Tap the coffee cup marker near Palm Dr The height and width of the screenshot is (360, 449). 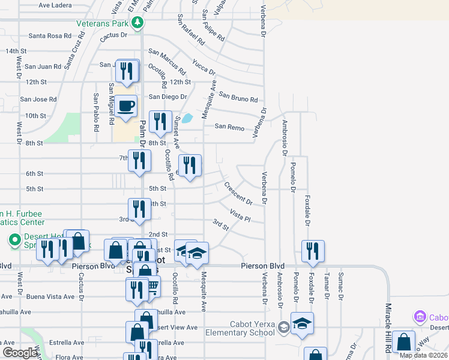point(126,107)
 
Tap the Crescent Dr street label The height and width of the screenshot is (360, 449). point(238,193)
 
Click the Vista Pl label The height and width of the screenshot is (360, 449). point(240,215)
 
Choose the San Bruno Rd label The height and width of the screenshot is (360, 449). point(238,97)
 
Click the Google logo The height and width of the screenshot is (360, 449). point(20,353)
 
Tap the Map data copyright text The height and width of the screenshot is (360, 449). point(423,355)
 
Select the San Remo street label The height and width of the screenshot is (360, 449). point(229,127)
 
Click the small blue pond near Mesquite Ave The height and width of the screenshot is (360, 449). point(188,118)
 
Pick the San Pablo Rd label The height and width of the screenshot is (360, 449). point(96,113)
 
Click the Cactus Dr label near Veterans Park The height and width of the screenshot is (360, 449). point(115,35)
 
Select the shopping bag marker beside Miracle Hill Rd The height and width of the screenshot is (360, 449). point(404,343)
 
